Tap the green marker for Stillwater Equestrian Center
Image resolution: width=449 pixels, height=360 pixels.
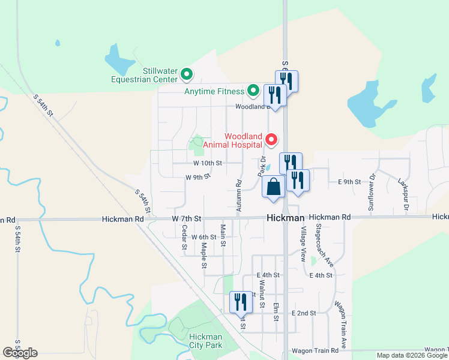pos(187,75)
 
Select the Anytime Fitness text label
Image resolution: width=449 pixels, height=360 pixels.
pos(214,91)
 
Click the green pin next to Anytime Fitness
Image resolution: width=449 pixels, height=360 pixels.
pos(253,91)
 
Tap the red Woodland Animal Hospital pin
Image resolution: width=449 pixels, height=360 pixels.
pos(271,140)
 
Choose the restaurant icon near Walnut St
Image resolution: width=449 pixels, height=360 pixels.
pos(241,302)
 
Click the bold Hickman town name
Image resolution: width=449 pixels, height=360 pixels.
pos(286,218)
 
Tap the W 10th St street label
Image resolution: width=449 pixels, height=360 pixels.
pos(208,163)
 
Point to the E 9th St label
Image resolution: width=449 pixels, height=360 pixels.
pos(349,181)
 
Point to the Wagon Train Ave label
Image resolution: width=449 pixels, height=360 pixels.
pos(340,325)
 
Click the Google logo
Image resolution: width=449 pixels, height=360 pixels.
pos(20,352)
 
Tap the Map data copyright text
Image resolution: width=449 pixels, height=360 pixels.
pos(412,355)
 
